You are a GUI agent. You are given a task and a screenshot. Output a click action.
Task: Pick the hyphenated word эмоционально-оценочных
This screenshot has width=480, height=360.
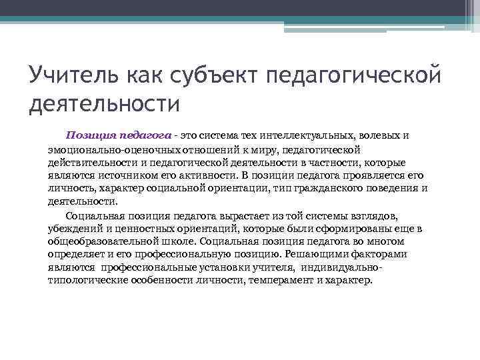[107, 149]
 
